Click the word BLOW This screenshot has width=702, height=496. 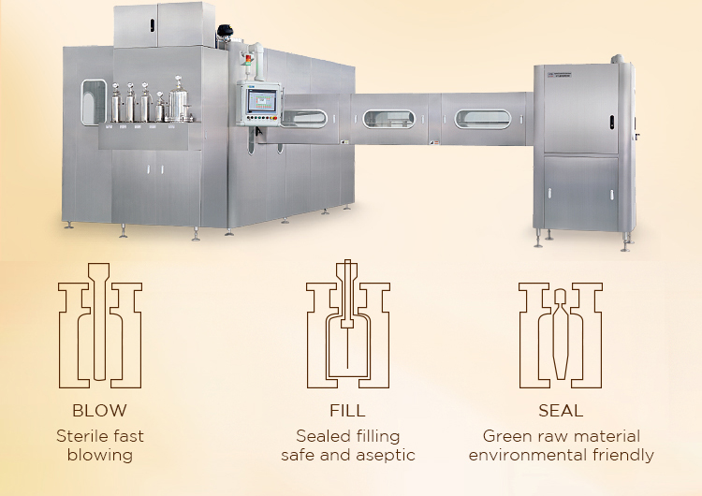(x=99, y=411)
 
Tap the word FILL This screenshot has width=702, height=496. (x=347, y=411)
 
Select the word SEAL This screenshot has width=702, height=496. (x=561, y=411)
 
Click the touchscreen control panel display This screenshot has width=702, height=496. (x=262, y=100)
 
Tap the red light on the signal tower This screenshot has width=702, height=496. (x=248, y=58)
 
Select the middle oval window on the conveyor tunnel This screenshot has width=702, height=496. (x=388, y=119)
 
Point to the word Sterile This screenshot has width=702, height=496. (x=82, y=436)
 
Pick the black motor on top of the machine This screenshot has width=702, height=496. (x=225, y=31)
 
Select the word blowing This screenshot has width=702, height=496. (x=100, y=455)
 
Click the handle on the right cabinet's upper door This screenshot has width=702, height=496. (x=611, y=123)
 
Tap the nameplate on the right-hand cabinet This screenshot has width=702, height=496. (x=559, y=74)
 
